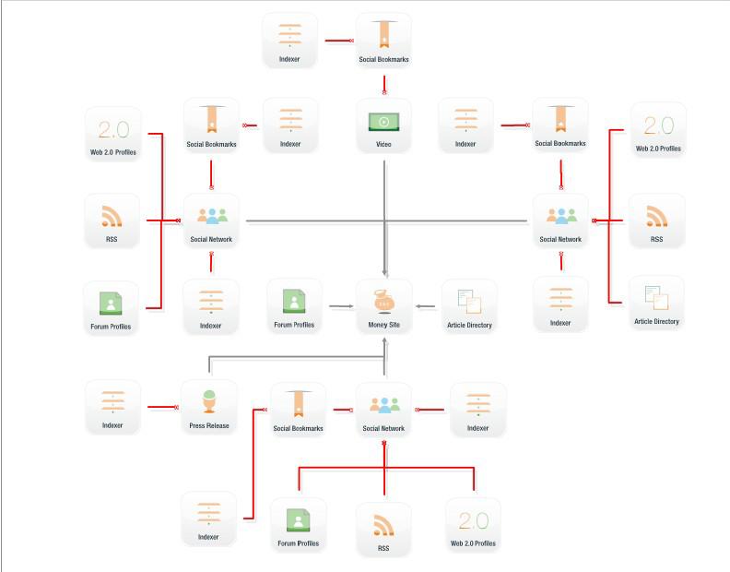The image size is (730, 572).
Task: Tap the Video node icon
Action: (383, 121)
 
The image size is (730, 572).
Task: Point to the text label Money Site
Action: (383, 325)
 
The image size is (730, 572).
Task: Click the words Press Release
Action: (208, 425)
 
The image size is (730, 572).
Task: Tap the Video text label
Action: (383, 144)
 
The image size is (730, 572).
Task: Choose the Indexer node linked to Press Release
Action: (112, 405)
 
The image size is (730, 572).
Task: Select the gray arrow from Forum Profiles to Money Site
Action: (338, 304)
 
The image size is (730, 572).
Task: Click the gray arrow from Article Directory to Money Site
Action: (427, 304)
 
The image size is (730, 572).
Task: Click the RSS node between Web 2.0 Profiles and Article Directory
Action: (656, 220)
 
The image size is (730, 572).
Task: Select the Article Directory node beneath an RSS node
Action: (656, 301)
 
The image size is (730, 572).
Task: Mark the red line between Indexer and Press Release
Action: (162, 406)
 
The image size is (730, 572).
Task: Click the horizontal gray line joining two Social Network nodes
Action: (387, 220)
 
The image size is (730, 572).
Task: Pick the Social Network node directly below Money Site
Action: (383, 409)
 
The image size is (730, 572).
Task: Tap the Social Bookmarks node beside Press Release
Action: (298, 409)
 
